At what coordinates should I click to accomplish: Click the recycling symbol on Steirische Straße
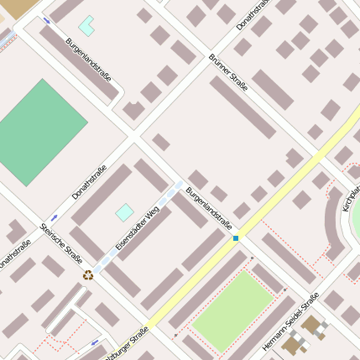pos(87,274)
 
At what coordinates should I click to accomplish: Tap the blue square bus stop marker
pos(236,238)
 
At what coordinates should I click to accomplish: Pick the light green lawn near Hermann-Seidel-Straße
pos(233,311)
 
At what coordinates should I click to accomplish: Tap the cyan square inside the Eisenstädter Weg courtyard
pos(124,212)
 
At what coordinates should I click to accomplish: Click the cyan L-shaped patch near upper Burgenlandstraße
pos(86,25)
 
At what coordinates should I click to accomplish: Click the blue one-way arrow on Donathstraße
pos(55,217)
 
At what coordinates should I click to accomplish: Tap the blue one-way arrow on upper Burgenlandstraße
pos(46,19)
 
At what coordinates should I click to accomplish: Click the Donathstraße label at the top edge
pos(253,14)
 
